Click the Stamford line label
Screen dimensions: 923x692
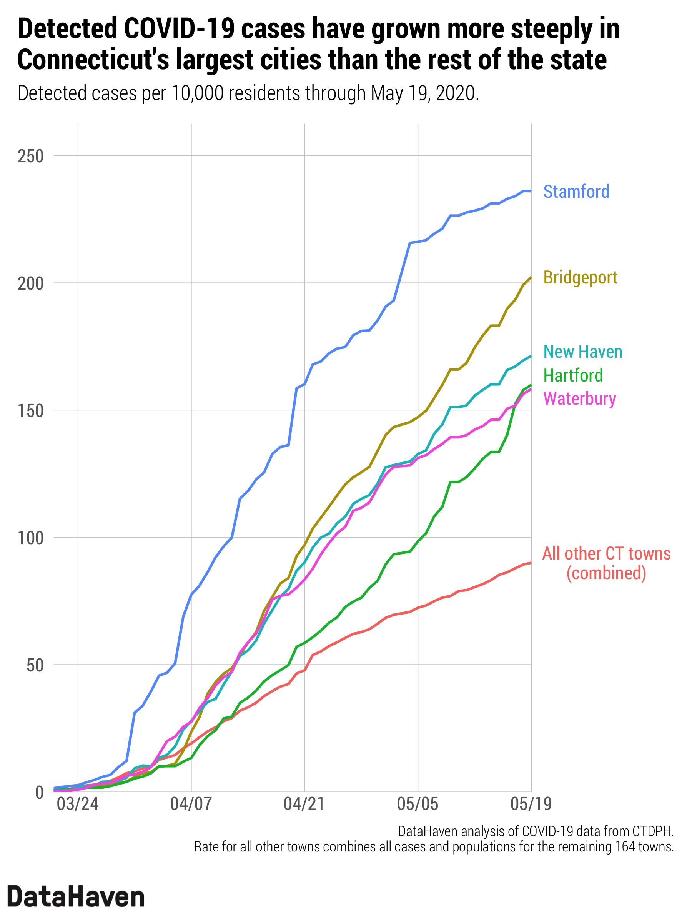[576, 192]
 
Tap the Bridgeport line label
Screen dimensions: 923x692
[580, 278]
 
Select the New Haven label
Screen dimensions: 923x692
[582, 352]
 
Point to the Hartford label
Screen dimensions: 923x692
[573, 375]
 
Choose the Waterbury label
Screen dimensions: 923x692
[579, 398]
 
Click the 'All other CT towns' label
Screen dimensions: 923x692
[606, 554]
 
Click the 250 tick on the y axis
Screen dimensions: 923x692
[30, 156]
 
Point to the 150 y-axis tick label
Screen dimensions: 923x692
[30, 411]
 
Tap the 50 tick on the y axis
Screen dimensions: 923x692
[35, 665]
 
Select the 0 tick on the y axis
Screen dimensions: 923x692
[39, 792]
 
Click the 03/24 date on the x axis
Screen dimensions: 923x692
[78, 804]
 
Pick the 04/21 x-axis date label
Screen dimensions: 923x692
[304, 804]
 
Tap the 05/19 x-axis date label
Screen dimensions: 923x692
[531, 804]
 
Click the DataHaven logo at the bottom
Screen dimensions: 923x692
[76, 897]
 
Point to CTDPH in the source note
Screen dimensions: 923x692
[652, 831]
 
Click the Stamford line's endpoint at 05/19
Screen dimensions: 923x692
[531, 191]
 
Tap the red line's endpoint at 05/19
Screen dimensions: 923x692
[531, 563]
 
